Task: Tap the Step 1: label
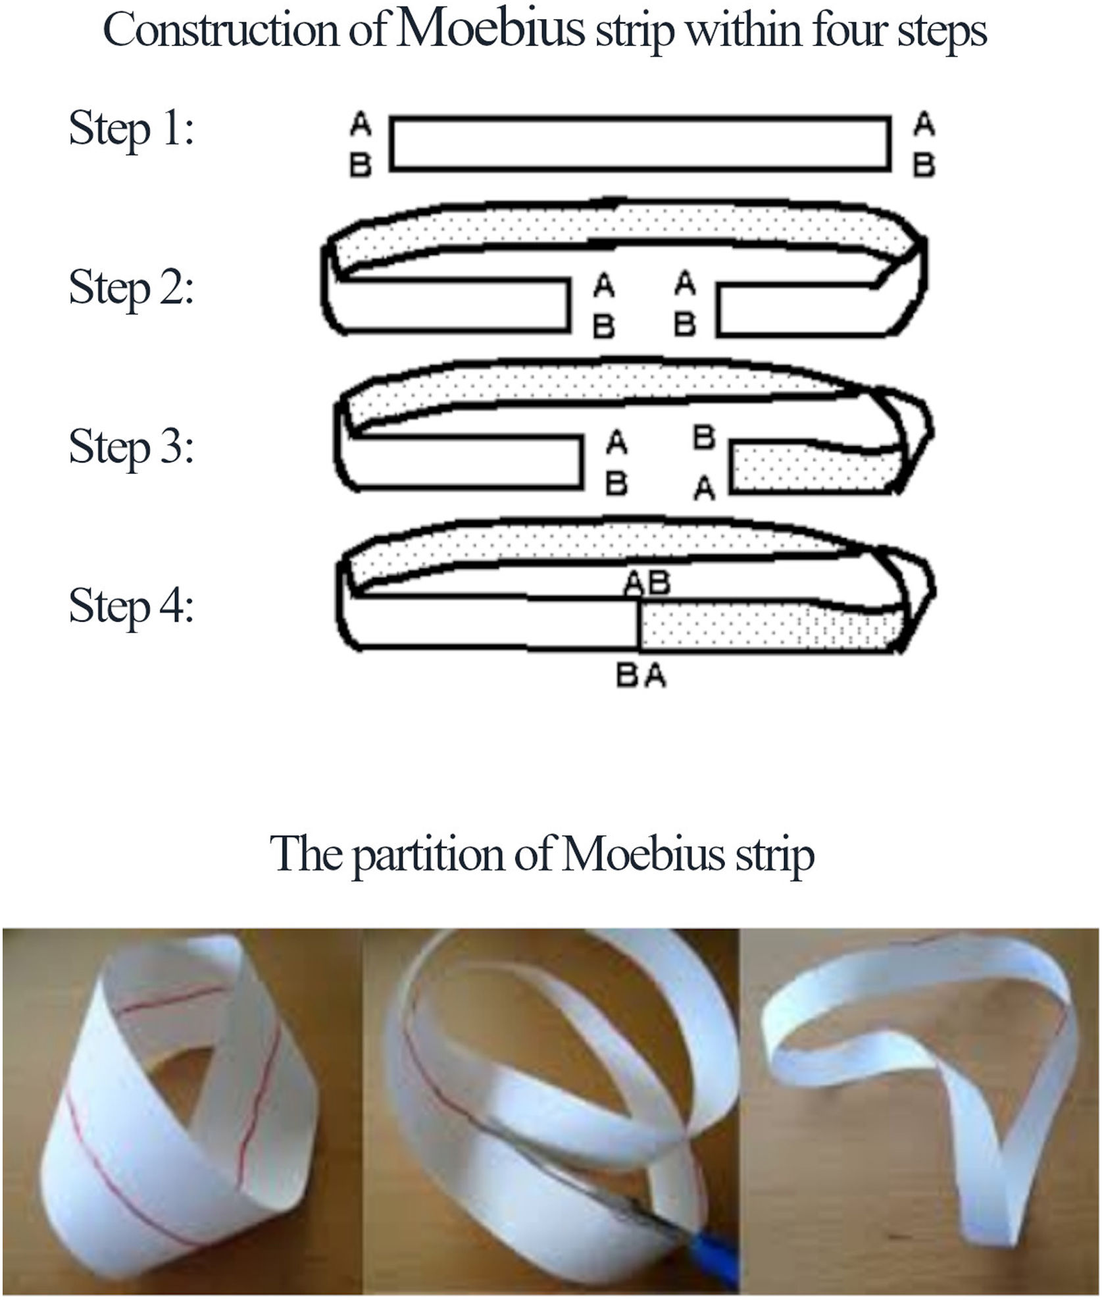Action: point(132,129)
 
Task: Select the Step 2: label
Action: point(132,288)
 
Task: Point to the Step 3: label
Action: point(132,447)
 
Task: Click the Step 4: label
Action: point(132,606)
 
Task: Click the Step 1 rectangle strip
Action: point(639,144)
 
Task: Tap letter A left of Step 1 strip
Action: point(361,124)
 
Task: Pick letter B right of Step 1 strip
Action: point(924,165)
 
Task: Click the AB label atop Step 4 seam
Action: point(647,582)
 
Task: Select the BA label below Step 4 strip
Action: point(641,676)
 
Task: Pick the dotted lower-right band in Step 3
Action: point(816,469)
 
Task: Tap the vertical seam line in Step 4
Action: point(637,623)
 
